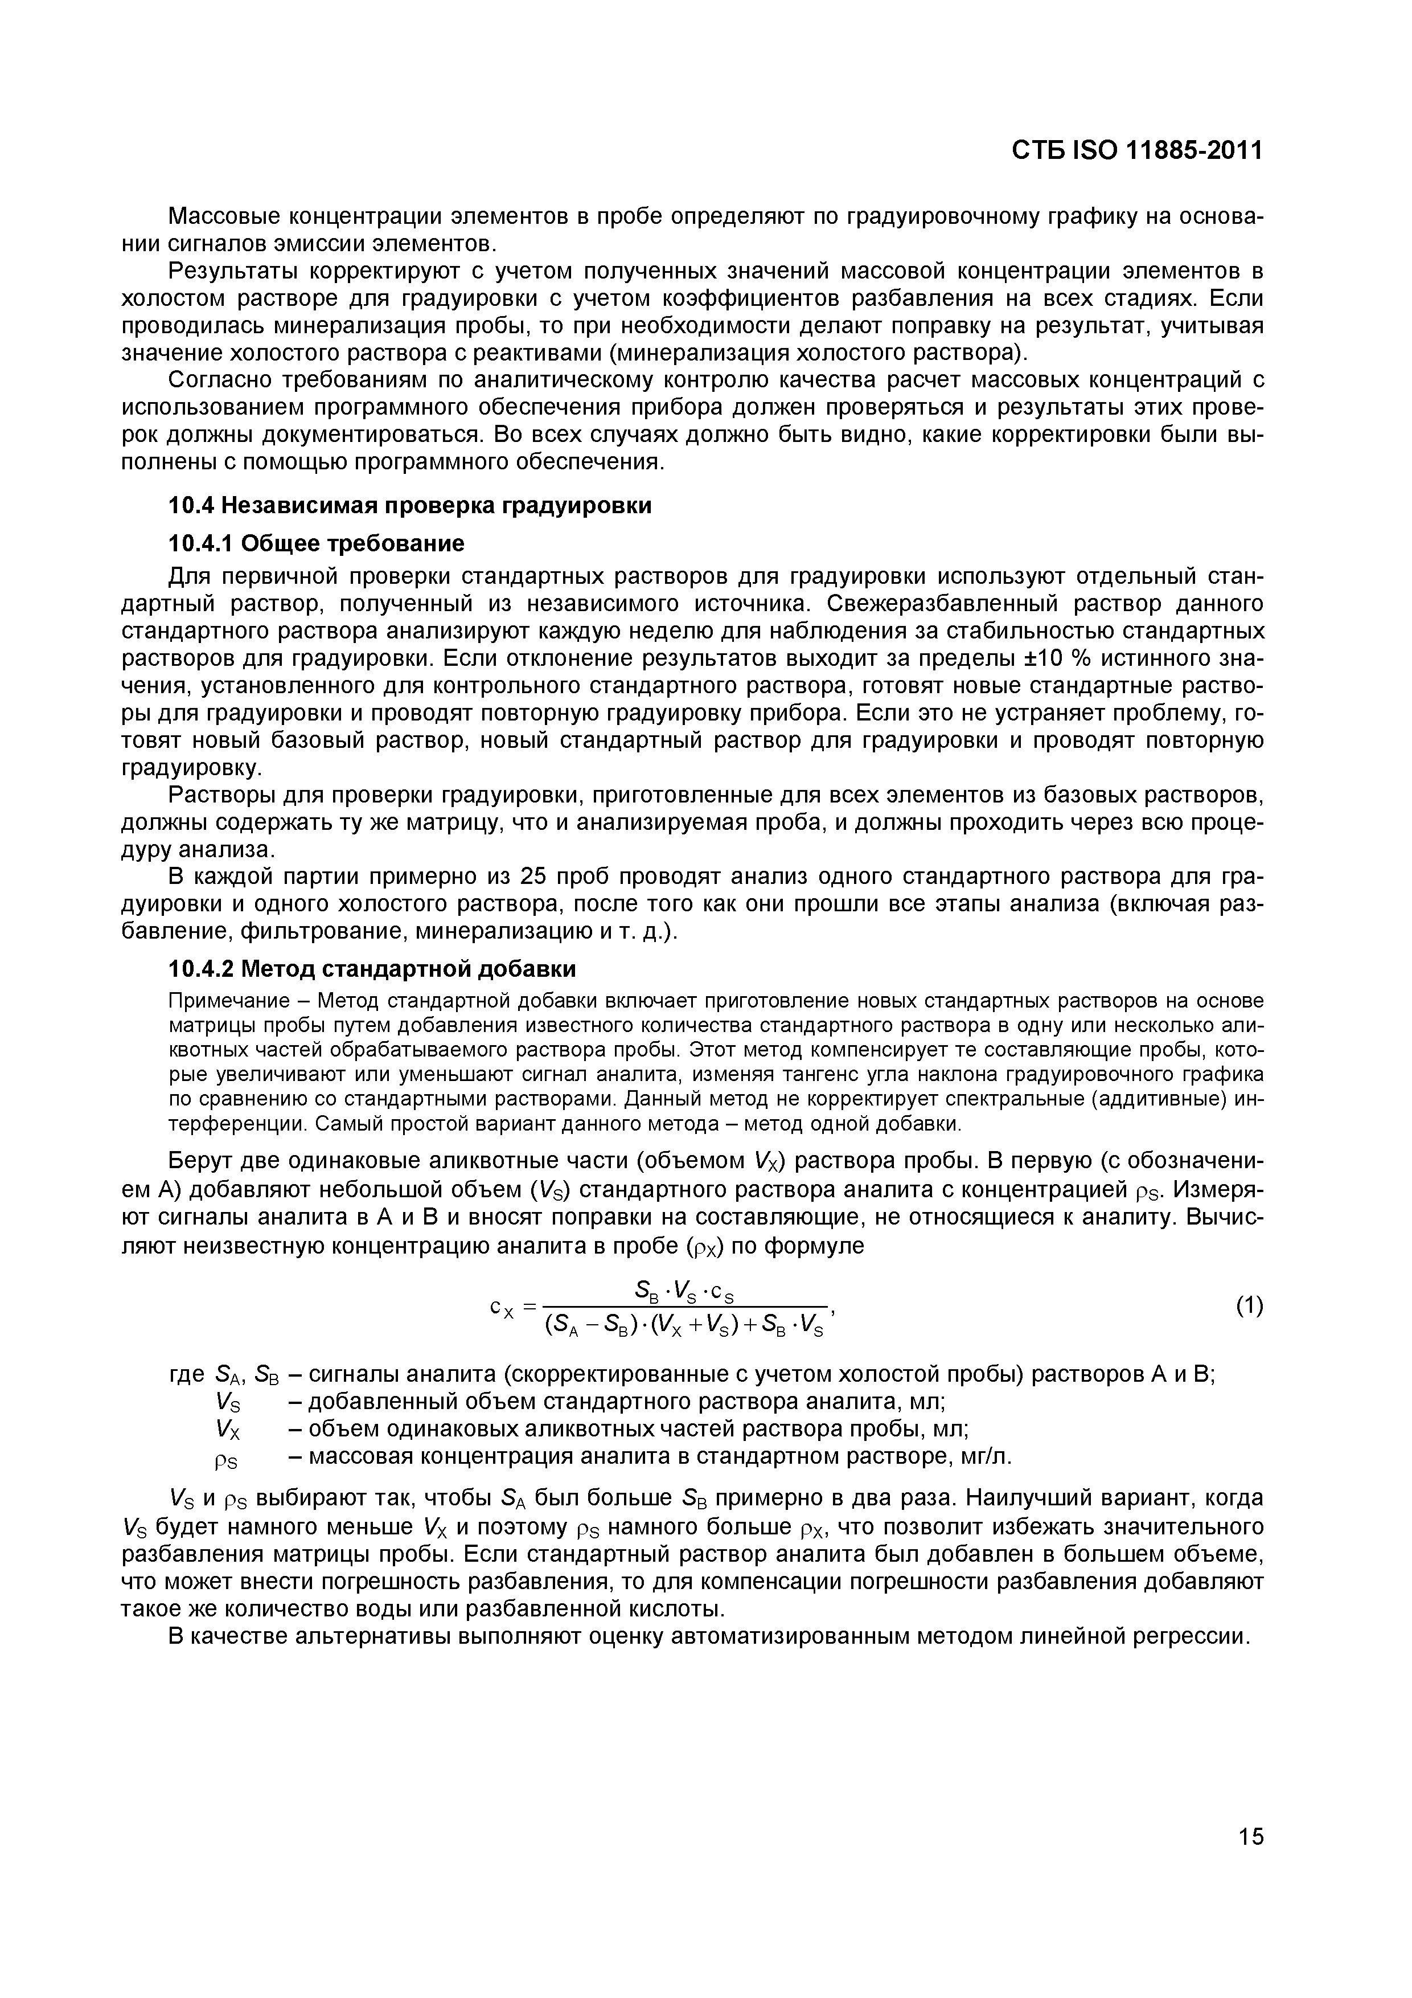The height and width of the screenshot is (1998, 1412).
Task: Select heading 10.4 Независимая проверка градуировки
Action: click(x=409, y=506)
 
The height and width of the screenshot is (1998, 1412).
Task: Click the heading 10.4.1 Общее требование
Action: click(x=316, y=544)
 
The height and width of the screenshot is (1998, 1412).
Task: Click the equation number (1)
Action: click(x=1249, y=1305)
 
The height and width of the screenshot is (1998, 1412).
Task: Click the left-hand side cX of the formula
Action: click(x=504, y=1308)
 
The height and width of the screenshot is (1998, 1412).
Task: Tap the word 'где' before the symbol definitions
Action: click(x=186, y=1375)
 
